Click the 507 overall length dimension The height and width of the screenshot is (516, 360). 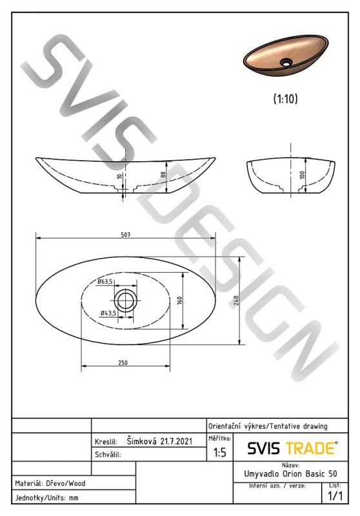tap(125, 235)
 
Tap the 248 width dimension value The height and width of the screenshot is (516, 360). tap(235, 301)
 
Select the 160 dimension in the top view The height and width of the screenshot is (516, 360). tap(179, 301)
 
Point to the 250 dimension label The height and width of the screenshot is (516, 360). tap(123, 362)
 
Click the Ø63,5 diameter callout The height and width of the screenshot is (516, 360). tap(105, 281)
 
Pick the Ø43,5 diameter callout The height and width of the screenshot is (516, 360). tap(108, 313)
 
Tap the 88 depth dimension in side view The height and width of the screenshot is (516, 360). tap(163, 175)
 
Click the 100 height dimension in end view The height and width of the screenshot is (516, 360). tap(303, 174)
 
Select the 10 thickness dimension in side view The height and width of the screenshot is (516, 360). tap(120, 175)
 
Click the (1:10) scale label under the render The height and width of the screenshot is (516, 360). tap(285, 99)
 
